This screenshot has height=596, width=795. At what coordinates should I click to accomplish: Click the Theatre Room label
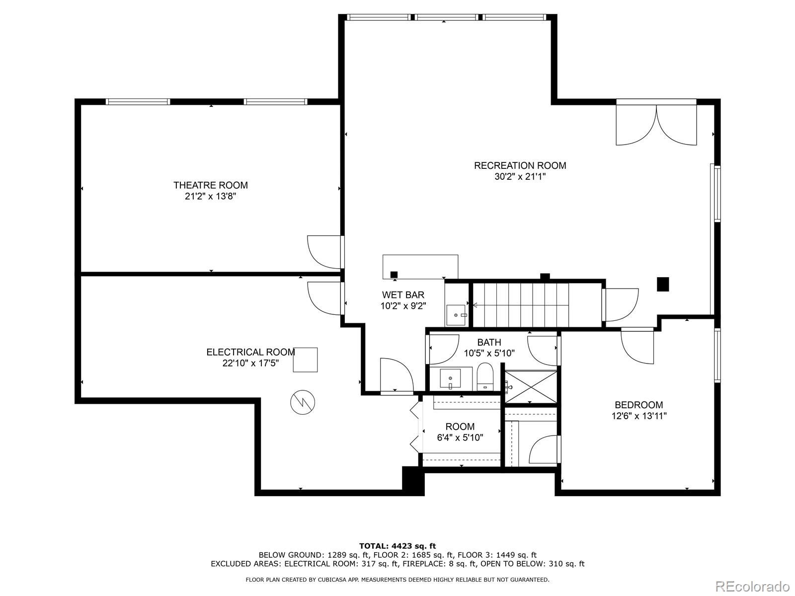tap(211, 185)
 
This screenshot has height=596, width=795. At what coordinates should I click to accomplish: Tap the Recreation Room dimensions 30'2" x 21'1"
tap(520, 177)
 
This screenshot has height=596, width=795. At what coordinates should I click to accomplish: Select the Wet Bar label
tap(403, 295)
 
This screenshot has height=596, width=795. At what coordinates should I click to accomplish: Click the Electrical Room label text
tap(250, 352)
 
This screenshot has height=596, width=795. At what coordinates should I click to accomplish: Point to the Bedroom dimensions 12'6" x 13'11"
tap(639, 416)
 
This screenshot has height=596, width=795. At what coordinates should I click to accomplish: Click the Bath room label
tap(489, 342)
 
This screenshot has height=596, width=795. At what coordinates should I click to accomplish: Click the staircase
tap(538, 305)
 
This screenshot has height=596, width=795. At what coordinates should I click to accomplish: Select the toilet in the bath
tap(485, 376)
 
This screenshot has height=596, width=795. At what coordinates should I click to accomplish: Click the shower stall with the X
tap(531, 387)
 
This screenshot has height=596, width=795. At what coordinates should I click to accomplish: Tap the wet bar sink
tap(456, 315)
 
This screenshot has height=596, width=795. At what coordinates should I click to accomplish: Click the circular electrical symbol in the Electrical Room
tap(303, 402)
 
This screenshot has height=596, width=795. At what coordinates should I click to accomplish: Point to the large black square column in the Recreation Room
tap(663, 284)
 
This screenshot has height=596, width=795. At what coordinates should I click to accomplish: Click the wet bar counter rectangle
tap(420, 267)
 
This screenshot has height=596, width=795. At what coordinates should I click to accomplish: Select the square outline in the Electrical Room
tap(305, 360)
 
